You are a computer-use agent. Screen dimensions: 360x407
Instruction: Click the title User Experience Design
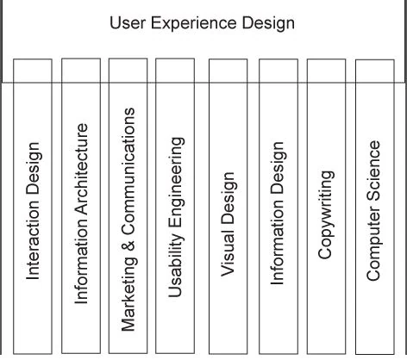tap(203, 22)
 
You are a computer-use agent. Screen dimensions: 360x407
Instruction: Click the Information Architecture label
tap(82, 213)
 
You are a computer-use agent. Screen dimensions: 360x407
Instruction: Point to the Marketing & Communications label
tap(128, 220)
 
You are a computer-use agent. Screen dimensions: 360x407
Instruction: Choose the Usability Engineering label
tap(175, 215)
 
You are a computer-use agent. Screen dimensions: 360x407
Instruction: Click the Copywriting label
tap(325, 214)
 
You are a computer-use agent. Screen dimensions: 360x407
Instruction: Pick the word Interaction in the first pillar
tap(34, 242)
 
